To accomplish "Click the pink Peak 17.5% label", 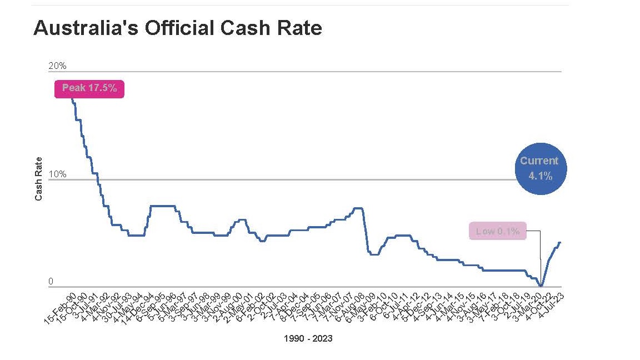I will [x=89, y=88].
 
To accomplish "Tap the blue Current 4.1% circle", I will [x=539, y=169].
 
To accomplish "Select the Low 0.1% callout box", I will [x=497, y=231].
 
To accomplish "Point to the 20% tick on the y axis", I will [x=57, y=66].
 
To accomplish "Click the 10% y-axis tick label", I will [x=57, y=174].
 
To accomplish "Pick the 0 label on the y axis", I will [x=51, y=282].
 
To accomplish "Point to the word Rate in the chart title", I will [x=298, y=28].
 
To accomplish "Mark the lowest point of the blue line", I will [x=541, y=286].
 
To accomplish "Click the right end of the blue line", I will [x=560, y=242].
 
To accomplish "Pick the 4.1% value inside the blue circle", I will [x=539, y=176].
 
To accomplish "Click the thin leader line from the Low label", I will [x=540, y=256].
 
